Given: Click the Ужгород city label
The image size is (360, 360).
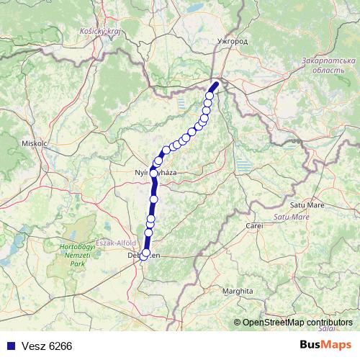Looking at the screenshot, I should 232,42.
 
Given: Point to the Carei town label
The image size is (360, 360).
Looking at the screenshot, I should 255,225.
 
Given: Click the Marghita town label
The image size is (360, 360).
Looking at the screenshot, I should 238,291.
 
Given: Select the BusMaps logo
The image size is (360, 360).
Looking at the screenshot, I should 325,345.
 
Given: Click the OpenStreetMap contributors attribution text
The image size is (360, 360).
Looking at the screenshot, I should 297,322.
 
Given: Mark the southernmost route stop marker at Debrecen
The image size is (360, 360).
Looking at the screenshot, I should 145,254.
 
